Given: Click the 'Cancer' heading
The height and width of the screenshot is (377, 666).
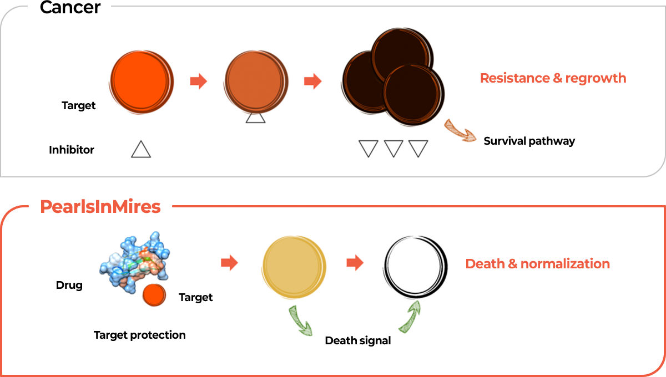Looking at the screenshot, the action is click(x=70, y=7).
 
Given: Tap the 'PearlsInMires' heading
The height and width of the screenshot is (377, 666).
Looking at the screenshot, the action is click(x=100, y=207).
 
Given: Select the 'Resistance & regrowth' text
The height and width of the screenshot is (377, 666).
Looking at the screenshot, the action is click(x=553, y=78).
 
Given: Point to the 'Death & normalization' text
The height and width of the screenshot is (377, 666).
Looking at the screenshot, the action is click(x=538, y=264).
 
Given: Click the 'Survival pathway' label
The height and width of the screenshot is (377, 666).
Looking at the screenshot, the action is click(x=529, y=141).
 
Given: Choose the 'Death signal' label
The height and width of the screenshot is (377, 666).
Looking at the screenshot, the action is click(x=357, y=341).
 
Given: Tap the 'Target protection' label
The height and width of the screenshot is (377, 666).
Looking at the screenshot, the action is click(x=139, y=335).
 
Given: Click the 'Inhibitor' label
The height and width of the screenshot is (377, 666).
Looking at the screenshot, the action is click(x=72, y=150).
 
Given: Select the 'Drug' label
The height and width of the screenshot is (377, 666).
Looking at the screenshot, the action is click(x=69, y=285).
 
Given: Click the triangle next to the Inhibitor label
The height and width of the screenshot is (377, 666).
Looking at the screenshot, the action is click(x=141, y=150).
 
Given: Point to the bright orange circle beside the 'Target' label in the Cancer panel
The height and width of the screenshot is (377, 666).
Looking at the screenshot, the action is click(x=142, y=81).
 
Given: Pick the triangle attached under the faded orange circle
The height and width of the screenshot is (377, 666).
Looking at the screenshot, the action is click(x=255, y=118).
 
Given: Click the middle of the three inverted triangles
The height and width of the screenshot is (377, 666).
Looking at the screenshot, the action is click(x=393, y=147).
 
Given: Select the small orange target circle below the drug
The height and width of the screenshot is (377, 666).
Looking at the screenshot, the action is click(x=154, y=295).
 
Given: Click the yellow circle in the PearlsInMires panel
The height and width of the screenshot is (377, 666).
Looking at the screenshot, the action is click(x=294, y=267).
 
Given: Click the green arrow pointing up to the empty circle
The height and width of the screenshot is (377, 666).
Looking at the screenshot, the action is click(x=410, y=317).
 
